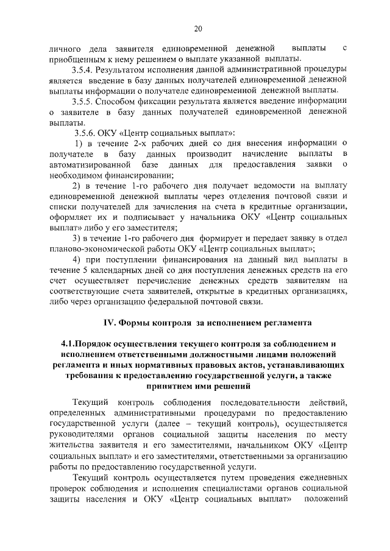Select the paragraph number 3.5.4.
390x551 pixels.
click(82, 69)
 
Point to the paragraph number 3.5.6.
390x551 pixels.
click(85, 133)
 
